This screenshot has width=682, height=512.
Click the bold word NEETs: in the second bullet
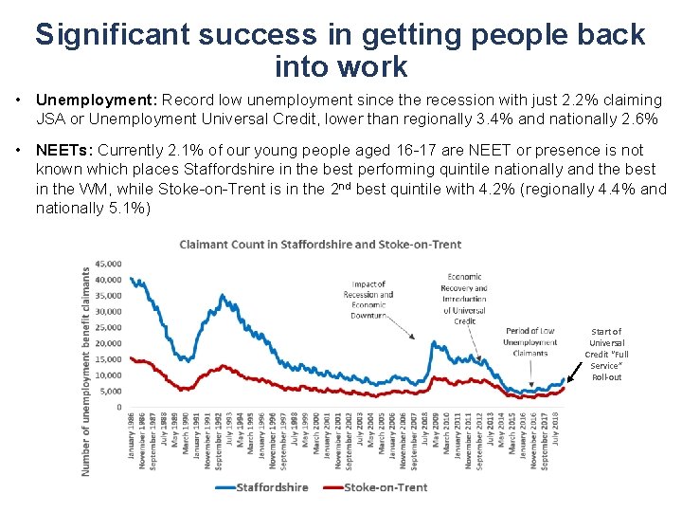point(63,150)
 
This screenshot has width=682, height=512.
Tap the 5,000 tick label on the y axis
point(110,391)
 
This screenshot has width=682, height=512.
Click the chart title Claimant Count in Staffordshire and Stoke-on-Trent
point(320,245)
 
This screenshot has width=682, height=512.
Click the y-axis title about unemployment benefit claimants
point(86,370)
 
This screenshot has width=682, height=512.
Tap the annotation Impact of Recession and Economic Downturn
point(368,300)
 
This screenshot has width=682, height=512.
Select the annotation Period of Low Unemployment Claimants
point(529,341)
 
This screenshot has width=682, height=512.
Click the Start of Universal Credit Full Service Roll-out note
point(607,354)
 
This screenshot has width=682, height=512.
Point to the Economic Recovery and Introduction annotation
point(464,300)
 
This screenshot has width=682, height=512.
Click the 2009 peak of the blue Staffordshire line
point(433,343)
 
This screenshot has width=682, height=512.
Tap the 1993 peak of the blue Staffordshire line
point(222,296)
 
